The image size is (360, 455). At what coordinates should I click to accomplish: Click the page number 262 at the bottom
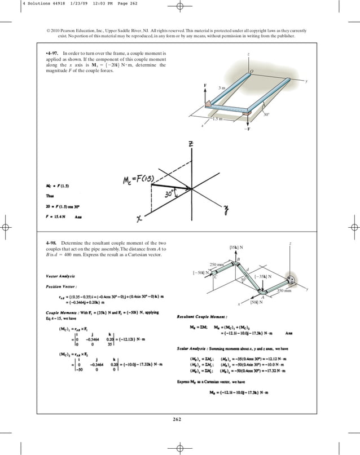click(x=179, y=419)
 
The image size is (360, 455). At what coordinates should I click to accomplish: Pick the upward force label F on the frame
click(x=205, y=85)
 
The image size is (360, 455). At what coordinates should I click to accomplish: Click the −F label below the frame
click(x=248, y=129)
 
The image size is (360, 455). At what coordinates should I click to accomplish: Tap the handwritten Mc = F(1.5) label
click(x=139, y=180)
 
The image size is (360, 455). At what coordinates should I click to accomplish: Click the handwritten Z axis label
click(x=191, y=145)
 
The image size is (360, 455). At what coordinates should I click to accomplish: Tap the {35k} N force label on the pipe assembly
click(x=236, y=247)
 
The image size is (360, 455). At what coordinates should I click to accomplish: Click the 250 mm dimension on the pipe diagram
click(x=217, y=264)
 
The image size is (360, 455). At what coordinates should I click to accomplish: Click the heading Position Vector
click(x=59, y=286)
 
